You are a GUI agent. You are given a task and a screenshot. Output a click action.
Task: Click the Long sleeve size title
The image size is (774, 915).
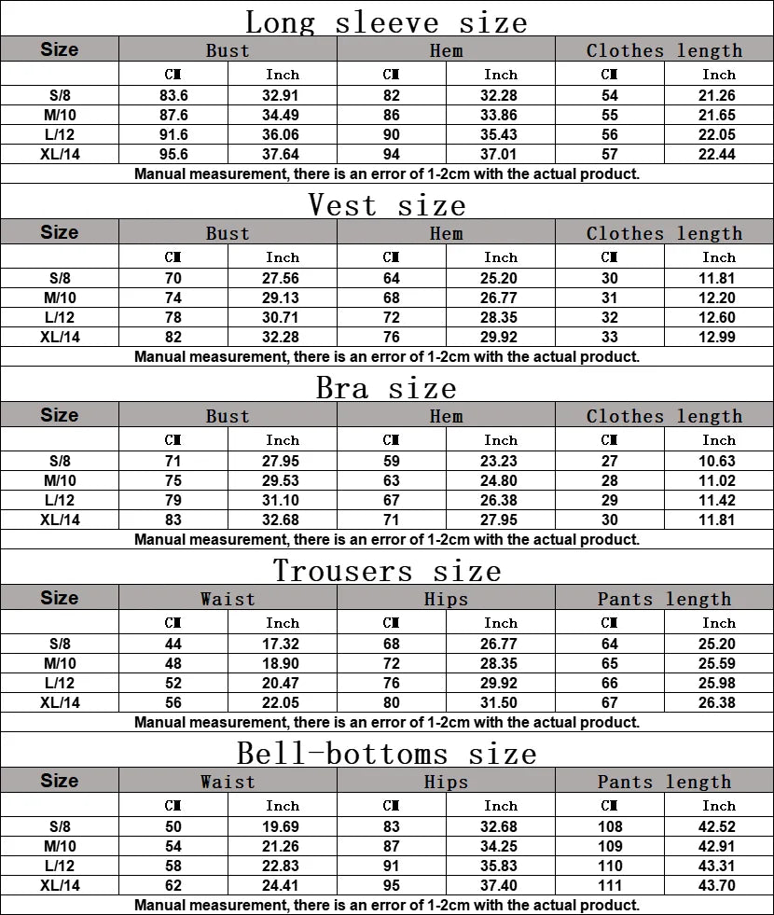coord(386,21)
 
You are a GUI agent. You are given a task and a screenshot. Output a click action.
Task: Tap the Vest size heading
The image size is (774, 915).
coord(386,203)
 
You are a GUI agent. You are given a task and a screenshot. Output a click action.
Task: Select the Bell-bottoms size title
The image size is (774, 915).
coord(386,752)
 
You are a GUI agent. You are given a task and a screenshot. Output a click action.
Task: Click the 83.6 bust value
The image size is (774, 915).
coord(173,95)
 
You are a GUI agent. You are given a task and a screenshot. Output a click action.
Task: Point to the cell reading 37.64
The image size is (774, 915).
coord(283,154)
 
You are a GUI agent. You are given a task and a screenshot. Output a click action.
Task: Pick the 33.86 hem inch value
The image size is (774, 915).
coord(501,115)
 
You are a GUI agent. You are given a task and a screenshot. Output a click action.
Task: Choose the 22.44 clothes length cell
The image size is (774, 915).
coord(718,154)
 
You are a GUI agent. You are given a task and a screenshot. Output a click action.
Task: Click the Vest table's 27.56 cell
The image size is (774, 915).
coord(283,278)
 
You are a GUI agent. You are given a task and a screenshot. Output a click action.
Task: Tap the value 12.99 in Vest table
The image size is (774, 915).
coord(718,337)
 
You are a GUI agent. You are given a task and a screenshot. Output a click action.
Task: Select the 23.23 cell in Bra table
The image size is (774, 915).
coord(501,461)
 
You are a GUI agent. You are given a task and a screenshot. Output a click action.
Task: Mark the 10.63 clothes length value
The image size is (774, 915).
coord(718,461)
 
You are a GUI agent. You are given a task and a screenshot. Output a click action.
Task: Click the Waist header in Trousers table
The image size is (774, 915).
coord(228,599)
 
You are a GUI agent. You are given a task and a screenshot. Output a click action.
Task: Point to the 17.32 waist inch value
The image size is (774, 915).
coord(283,644)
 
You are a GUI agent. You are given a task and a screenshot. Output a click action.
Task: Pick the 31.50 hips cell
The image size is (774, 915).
coord(501,702)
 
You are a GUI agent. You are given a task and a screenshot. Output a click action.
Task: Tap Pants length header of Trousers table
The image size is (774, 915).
coord(664,599)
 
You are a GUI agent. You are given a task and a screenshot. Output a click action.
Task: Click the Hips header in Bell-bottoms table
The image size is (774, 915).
coord(446,782)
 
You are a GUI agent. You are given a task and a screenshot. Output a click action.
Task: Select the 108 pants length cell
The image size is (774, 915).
coord(610,826)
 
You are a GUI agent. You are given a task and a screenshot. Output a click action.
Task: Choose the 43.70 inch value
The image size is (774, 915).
coord(718,885)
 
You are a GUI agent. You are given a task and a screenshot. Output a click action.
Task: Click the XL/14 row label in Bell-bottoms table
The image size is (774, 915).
coord(60,885)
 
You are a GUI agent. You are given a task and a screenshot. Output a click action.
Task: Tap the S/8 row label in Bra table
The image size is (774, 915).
coord(60,461)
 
